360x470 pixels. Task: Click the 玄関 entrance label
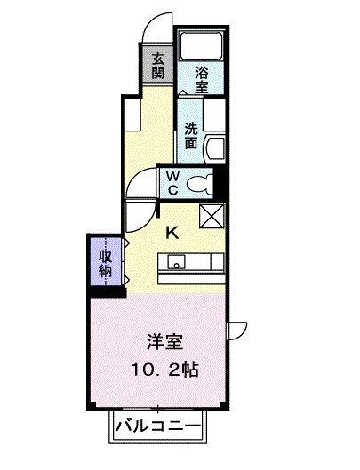[157, 66]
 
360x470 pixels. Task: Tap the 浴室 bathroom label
[202, 79]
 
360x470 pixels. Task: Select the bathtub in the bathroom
[201, 45]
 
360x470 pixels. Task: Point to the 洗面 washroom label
[191, 136]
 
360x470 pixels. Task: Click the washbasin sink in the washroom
[214, 149]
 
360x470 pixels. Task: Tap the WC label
[172, 183]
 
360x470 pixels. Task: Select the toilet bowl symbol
[199, 184]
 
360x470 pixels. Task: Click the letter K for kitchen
[172, 233]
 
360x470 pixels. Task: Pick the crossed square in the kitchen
[212, 216]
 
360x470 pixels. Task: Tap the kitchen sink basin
[176, 262]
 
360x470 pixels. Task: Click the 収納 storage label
[106, 264]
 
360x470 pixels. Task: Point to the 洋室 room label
[164, 342]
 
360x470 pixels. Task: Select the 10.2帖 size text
[164, 370]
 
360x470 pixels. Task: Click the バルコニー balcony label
[158, 426]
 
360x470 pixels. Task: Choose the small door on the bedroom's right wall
[237, 331]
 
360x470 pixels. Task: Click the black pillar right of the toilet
[219, 182]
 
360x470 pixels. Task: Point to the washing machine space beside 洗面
[214, 115]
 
